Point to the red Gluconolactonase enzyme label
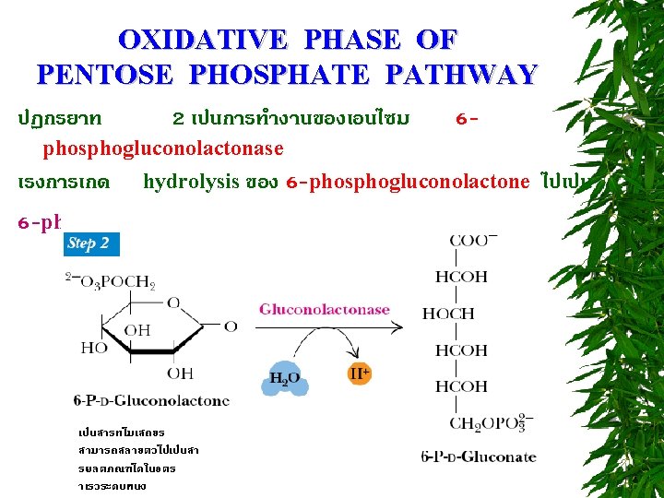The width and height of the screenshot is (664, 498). pos(324,310)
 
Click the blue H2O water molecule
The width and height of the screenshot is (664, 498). pos(283,378)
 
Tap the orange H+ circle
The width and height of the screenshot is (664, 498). pos(360,374)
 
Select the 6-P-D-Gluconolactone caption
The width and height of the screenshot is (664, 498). pos(151,401)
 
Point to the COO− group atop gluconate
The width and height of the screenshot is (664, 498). pos(473,241)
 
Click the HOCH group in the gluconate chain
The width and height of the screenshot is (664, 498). pos(448,314)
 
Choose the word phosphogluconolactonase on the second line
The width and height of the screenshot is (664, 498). pos(163,148)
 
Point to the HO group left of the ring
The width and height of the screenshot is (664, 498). pos(93,349)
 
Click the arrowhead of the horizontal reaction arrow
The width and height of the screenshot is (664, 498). pos(402,326)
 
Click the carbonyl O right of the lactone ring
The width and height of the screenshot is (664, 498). pos(230,326)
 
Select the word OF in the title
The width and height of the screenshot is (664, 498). pos(436,41)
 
